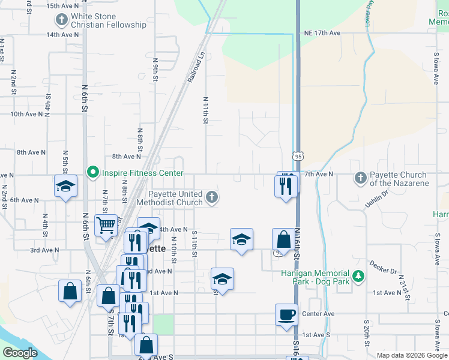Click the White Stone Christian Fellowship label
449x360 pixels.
pyautogui.click(x=108, y=20)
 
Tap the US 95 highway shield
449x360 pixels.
pyautogui.click(x=299, y=155)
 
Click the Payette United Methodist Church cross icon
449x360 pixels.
pyautogui.click(x=211, y=197)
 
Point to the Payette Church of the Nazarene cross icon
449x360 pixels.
pyautogui.click(x=360, y=178)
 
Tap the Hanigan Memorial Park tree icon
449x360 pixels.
pyautogui.click(x=358, y=276)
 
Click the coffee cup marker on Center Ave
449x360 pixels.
pyautogui.click(x=286, y=314)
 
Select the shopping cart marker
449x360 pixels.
pyautogui.click(x=106, y=225)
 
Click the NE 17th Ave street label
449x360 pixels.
pyautogui.click(x=322, y=32)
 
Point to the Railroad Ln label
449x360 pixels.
pyautogui.click(x=196, y=67)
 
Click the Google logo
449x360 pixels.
pyautogui.click(x=20, y=353)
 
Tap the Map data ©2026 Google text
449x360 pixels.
pyautogui.click(x=412, y=355)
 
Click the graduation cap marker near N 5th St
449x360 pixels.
pyautogui.click(x=65, y=185)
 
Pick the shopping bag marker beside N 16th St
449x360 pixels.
pyautogui.click(x=283, y=239)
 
